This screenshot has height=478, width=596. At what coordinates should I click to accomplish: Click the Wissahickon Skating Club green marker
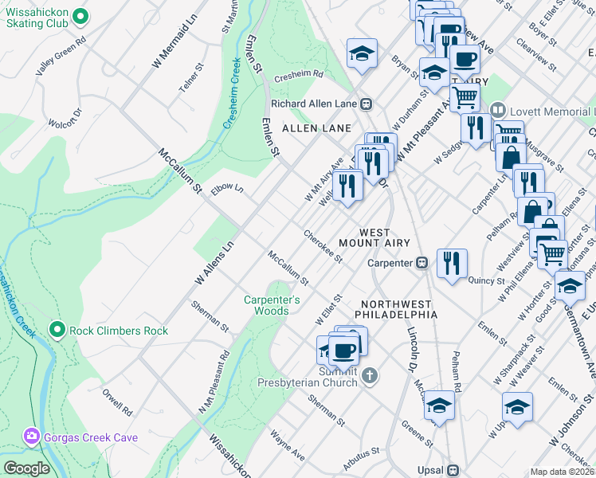80,16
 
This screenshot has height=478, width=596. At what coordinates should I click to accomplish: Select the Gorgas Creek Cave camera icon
32,437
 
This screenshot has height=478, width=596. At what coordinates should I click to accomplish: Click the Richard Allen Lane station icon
367,104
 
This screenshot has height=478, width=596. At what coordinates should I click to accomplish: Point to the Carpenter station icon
422,262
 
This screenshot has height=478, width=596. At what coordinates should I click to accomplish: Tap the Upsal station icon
453,470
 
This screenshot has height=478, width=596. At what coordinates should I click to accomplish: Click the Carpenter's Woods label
273,305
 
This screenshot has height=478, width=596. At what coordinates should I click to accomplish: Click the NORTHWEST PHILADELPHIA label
396,309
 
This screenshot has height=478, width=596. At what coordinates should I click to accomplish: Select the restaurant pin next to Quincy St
452,263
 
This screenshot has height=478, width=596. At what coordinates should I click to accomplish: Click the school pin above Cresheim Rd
361,53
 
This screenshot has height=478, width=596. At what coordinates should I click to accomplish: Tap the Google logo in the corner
26,468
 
